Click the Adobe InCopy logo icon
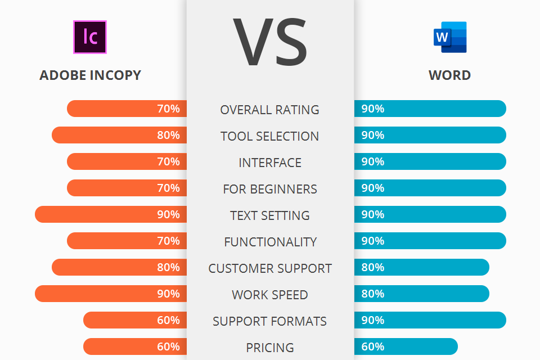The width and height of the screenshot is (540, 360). (x=90, y=37)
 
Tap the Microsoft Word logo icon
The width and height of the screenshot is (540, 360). (x=450, y=37)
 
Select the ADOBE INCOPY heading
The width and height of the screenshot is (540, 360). (x=90, y=75)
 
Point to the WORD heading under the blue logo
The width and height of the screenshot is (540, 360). (x=449, y=75)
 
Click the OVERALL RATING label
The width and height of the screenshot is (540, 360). (x=270, y=110)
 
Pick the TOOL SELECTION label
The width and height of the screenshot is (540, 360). (x=270, y=136)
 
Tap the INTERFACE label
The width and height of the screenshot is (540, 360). (x=270, y=163)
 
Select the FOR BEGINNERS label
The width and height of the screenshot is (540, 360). (x=270, y=189)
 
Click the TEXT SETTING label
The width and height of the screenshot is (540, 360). (x=270, y=215)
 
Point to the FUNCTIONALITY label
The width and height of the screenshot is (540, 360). (x=270, y=242)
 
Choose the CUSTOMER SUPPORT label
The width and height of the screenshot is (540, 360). (x=270, y=268)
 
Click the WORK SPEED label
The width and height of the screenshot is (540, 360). (x=270, y=295)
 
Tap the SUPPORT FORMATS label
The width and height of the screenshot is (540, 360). (x=270, y=321)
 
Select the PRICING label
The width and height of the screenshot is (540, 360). (x=270, y=348)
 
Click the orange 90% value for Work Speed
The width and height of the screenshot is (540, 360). (x=168, y=294)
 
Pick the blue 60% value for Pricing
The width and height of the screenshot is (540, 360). (x=373, y=346)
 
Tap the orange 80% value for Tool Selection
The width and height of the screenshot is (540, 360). (x=168, y=135)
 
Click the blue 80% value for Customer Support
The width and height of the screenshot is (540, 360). (x=373, y=267)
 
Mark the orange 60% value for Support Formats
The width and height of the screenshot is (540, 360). (x=168, y=320)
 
